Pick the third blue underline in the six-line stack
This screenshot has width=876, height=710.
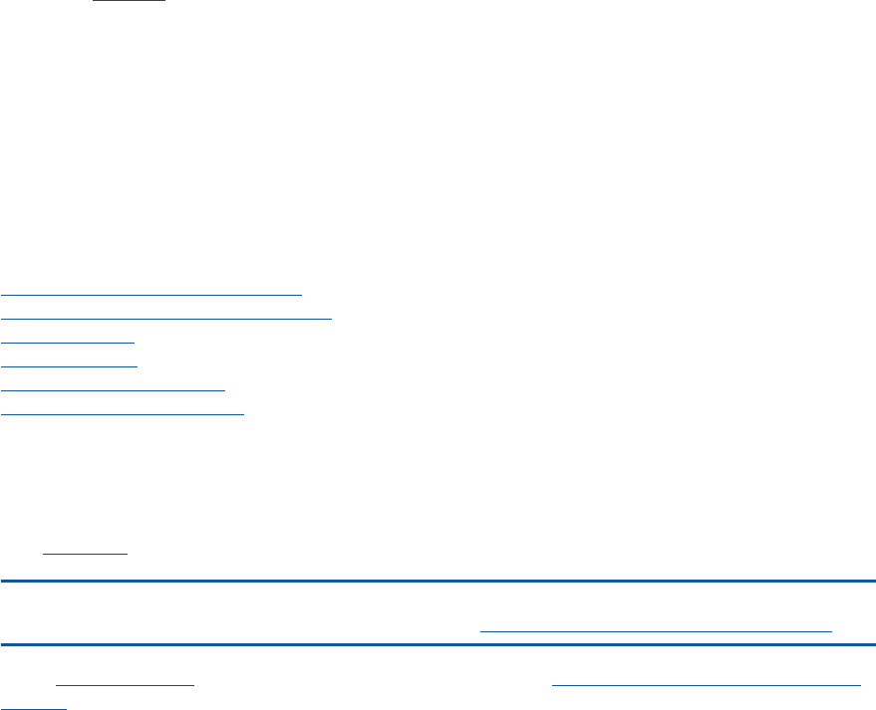[x=68, y=342]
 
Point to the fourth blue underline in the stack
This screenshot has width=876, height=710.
[x=69, y=365]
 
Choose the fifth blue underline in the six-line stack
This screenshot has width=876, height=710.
[x=114, y=389]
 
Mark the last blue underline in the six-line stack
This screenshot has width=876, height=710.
[x=123, y=413]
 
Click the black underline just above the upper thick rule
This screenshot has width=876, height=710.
[x=85, y=552]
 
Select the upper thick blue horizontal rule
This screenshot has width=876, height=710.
[x=438, y=581]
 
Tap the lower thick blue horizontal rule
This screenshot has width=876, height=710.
[x=438, y=644]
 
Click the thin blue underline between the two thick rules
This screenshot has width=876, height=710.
[x=656, y=631]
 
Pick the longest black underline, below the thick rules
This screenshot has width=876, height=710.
[x=125, y=686]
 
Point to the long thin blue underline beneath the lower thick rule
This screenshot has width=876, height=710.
[x=706, y=685]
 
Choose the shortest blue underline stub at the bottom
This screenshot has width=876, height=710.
[x=33, y=707]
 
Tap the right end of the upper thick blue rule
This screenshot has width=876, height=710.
[x=873, y=581]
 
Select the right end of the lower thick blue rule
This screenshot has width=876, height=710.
[x=873, y=644]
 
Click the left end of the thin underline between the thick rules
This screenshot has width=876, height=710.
[x=482, y=631]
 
